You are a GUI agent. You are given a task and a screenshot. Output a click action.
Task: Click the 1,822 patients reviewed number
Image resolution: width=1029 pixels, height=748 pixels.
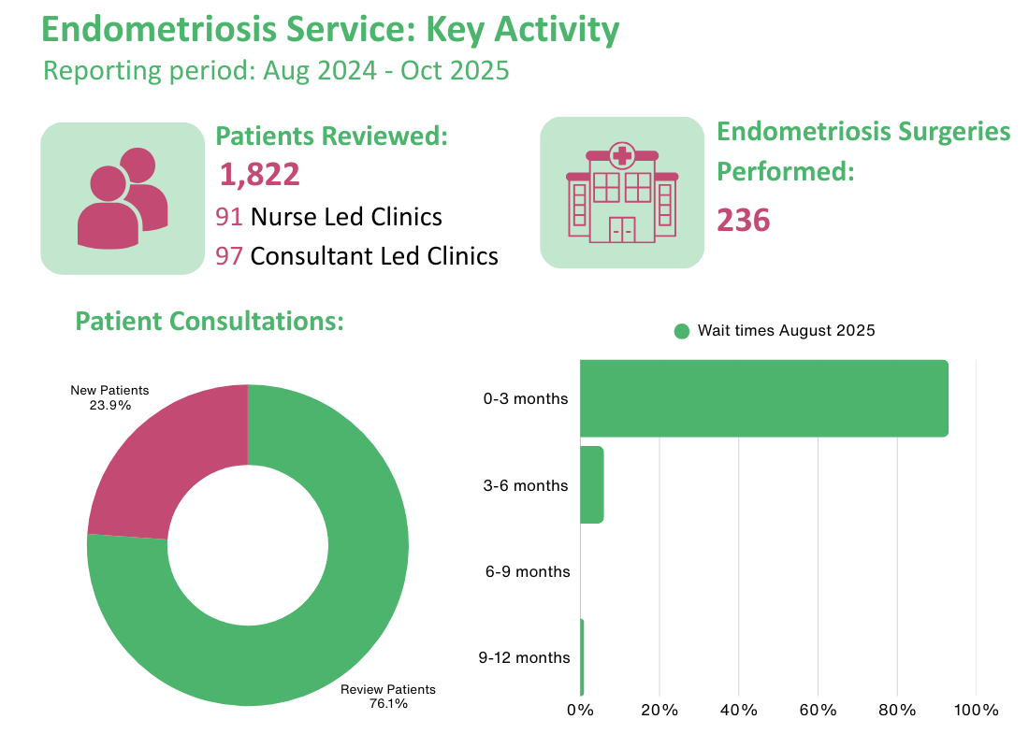click(259, 175)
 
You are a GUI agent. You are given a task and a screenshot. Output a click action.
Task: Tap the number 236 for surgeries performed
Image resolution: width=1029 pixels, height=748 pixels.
click(743, 221)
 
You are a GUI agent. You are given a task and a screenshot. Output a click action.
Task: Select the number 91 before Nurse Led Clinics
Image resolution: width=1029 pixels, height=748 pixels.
click(229, 217)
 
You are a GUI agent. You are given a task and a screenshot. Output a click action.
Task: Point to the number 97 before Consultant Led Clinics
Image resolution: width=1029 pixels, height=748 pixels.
click(229, 255)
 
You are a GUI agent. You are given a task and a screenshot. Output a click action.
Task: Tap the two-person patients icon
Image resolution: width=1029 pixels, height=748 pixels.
click(122, 198)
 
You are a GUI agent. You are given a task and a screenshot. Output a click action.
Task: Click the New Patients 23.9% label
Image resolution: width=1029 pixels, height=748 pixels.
click(110, 397)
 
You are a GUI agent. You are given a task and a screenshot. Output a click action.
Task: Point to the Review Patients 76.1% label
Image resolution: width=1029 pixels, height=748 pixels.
click(387, 697)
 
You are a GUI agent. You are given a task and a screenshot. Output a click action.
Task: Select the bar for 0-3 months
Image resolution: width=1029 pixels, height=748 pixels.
click(763, 398)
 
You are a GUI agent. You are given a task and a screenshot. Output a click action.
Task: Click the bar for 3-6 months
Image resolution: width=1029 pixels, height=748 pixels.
click(591, 484)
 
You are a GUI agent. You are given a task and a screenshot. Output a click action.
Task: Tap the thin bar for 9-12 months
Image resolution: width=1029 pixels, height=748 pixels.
click(582, 657)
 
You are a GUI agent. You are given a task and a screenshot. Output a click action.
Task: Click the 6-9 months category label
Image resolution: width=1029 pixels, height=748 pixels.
click(527, 571)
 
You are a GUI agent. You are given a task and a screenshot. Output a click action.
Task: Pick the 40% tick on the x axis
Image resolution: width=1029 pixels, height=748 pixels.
click(738, 711)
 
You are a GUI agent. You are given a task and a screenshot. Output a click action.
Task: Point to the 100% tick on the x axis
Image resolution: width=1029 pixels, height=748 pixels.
click(976, 711)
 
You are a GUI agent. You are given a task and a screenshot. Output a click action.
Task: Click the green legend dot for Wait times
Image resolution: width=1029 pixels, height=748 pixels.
click(681, 331)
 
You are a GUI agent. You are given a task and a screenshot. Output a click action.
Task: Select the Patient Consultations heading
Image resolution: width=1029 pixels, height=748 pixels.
click(210, 322)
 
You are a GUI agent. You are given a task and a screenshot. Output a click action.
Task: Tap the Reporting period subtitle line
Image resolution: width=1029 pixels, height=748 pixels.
click(276, 71)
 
